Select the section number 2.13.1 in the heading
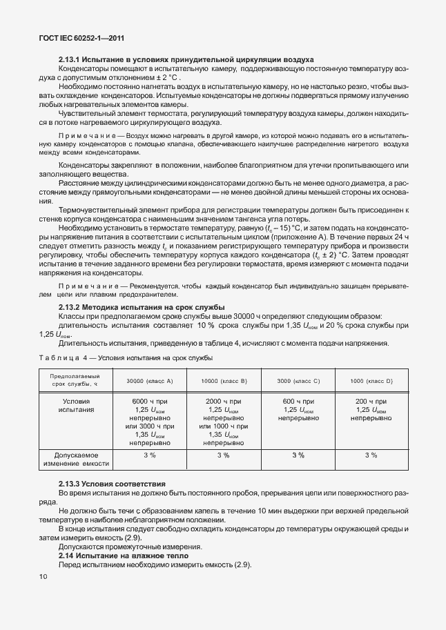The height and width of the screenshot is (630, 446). [72, 60]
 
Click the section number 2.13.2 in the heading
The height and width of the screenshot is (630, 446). [72, 307]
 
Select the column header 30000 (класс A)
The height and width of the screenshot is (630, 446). [149, 381]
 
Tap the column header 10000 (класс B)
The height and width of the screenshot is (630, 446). [224, 381]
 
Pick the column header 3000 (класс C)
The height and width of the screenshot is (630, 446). [298, 381]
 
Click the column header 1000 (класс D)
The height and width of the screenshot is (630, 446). [371, 381]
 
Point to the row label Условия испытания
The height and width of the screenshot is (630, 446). [77, 405]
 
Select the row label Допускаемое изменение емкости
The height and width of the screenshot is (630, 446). [77, 460]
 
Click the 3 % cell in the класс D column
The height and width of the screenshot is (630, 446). [371, 455]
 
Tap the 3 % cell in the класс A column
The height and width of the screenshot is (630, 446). [149, 455]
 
